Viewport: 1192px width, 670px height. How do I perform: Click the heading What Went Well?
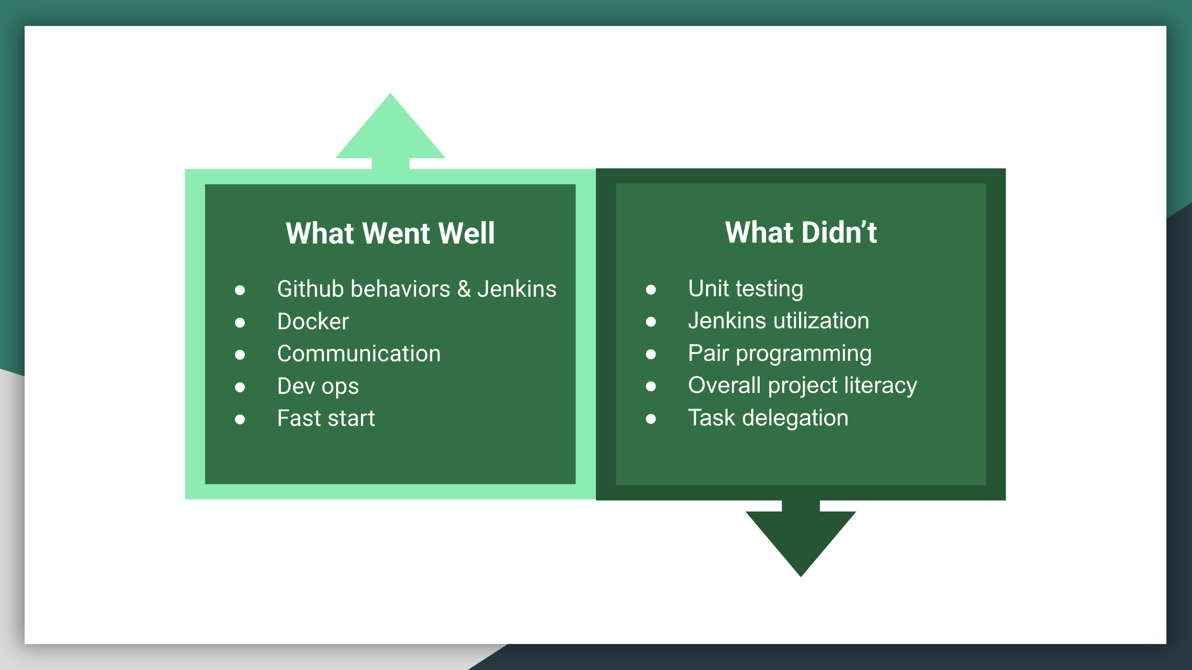pos(390,233)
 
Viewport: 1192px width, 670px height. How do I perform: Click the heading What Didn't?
pos(801,233)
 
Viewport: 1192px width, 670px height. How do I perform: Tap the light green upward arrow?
pos(391,131)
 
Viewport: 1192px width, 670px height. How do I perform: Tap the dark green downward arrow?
pos(801,538)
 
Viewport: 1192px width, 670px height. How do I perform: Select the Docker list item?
pos(313,321)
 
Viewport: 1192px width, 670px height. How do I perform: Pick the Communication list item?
pos(359,354)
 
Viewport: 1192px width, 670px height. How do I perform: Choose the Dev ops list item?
pos(318,386)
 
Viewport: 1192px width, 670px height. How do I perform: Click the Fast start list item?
pos(326,418)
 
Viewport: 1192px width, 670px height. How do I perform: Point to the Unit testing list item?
pos(746,289)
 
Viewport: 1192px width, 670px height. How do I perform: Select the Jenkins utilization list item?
pos(779,321)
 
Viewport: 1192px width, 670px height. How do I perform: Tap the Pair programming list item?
pos(780,354)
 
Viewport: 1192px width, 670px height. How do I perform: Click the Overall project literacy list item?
pos(803,386)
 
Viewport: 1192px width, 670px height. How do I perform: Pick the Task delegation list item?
pos(768,418)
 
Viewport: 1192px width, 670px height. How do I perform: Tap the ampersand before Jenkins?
pos(464,289)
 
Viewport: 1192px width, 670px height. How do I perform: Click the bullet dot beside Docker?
pos(240,323)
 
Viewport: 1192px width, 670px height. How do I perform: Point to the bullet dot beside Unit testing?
pos(651,290)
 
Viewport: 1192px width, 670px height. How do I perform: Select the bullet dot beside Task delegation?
pos(651,419)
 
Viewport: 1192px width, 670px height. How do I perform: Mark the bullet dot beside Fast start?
pos(240,420)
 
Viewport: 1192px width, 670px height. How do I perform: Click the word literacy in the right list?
pos(881,386)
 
